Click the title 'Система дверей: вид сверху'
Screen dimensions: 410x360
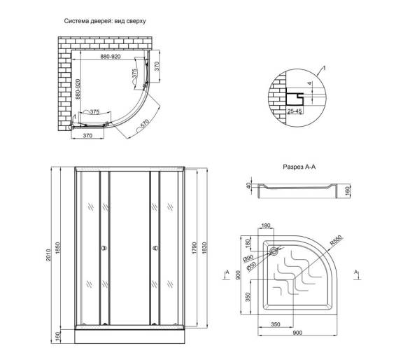coord(105,21)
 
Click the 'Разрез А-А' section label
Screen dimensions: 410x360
coord(299,167)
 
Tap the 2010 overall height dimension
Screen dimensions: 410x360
coord(48,256)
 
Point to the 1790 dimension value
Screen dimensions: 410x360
coord(194,248)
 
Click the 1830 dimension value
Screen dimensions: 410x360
coord(204,248)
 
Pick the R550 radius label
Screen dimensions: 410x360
coord(336,241)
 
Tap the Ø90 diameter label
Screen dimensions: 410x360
coord(248,258)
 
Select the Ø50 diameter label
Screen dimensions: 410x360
coord(251,266)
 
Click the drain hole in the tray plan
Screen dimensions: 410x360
coord(274,251)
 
